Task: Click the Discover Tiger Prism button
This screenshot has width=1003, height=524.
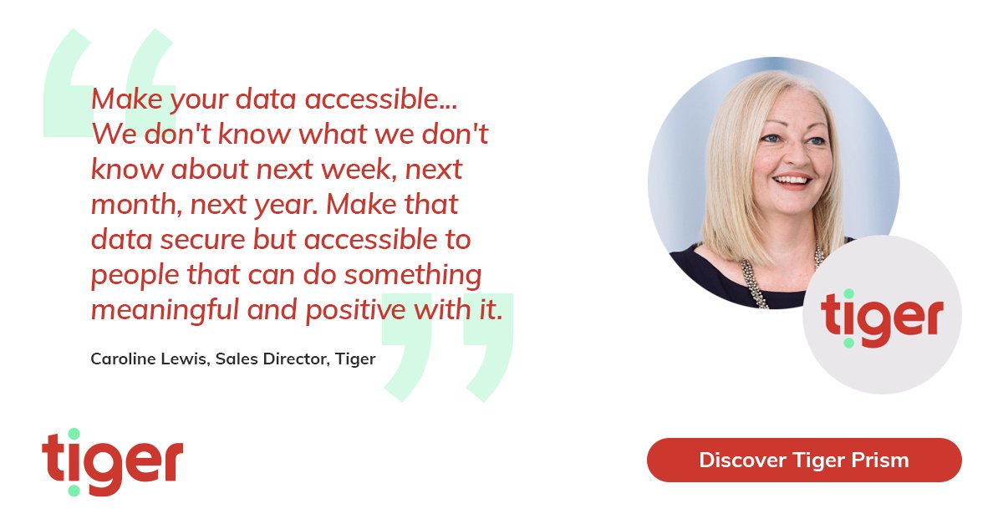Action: [x=804, y=460]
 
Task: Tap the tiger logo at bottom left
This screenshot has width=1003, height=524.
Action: [x=112, y=462]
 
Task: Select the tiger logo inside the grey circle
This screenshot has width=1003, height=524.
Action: [x=882, y=318]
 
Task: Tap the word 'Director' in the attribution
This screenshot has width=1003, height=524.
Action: [x=296, y=359]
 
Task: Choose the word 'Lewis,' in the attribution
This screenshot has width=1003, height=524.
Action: [x=185, y=359]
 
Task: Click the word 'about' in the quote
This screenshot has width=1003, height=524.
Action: [x=209, y=170]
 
